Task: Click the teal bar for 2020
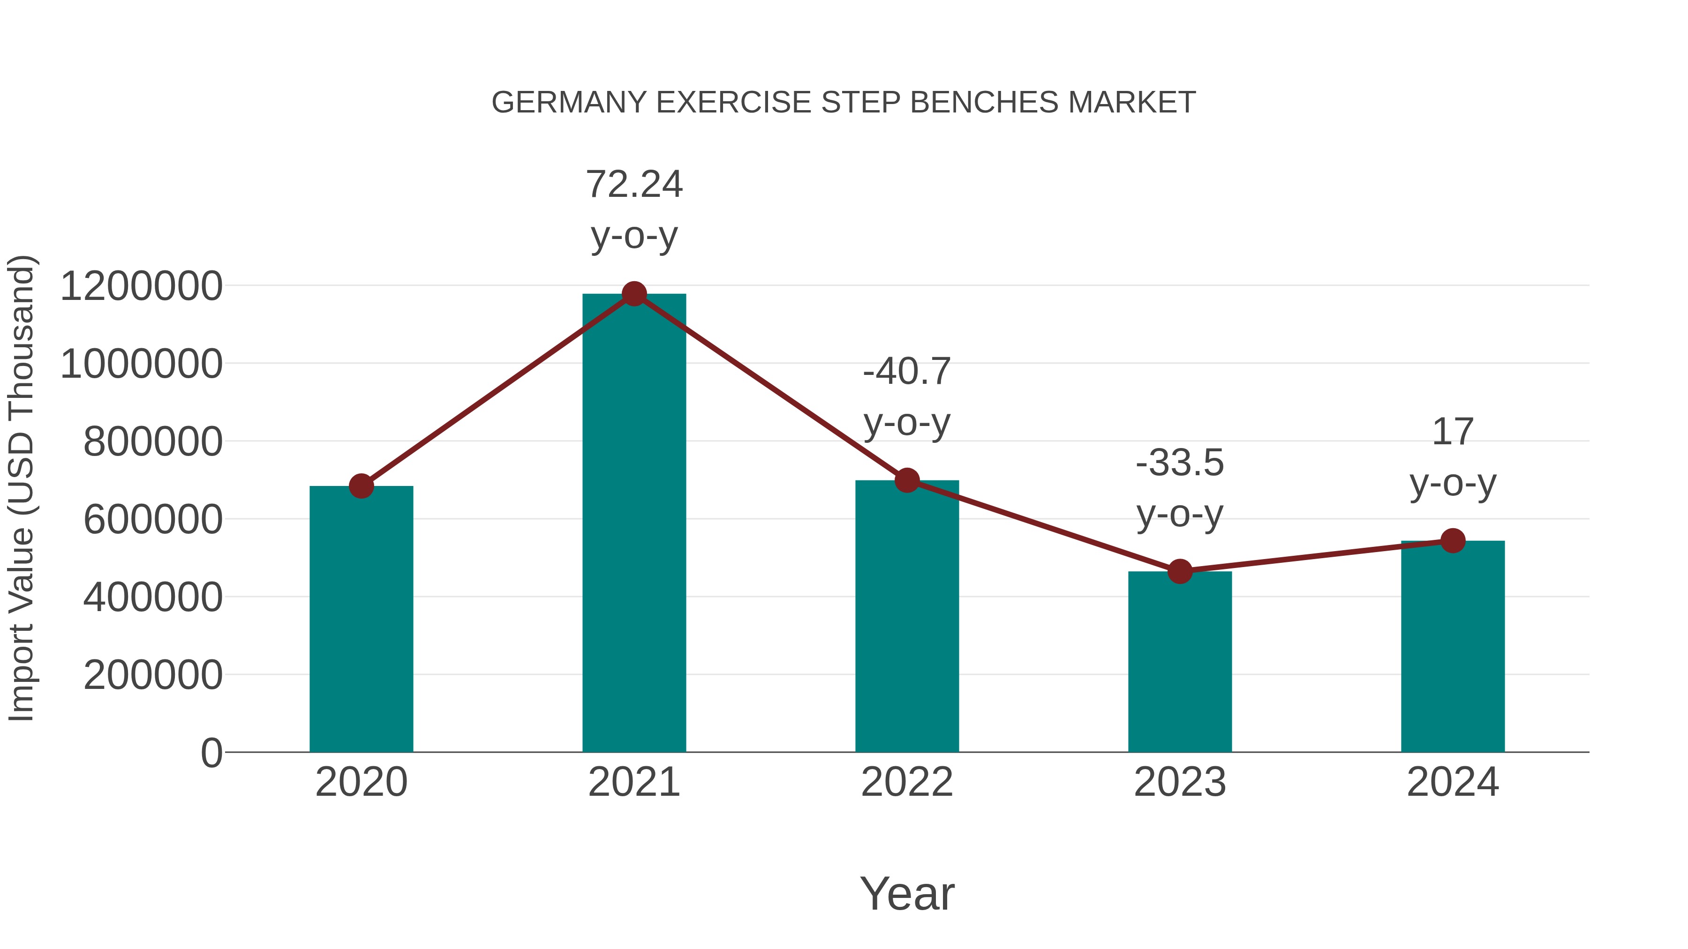tap(361, 619)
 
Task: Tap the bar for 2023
tap(1180, 661)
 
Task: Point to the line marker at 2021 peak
tap(633, 294)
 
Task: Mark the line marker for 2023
tap(1180, 572)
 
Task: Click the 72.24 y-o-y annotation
tap(633, 209)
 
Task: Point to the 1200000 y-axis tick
tap(141, 286)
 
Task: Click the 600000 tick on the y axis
tap(153, 520)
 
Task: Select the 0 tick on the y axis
tap(211, 753)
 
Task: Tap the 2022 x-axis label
tap(907, 782)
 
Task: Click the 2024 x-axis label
tap(1453, 782)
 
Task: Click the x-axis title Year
tap(907, 894)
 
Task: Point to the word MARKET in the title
tap(1132, 103)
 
